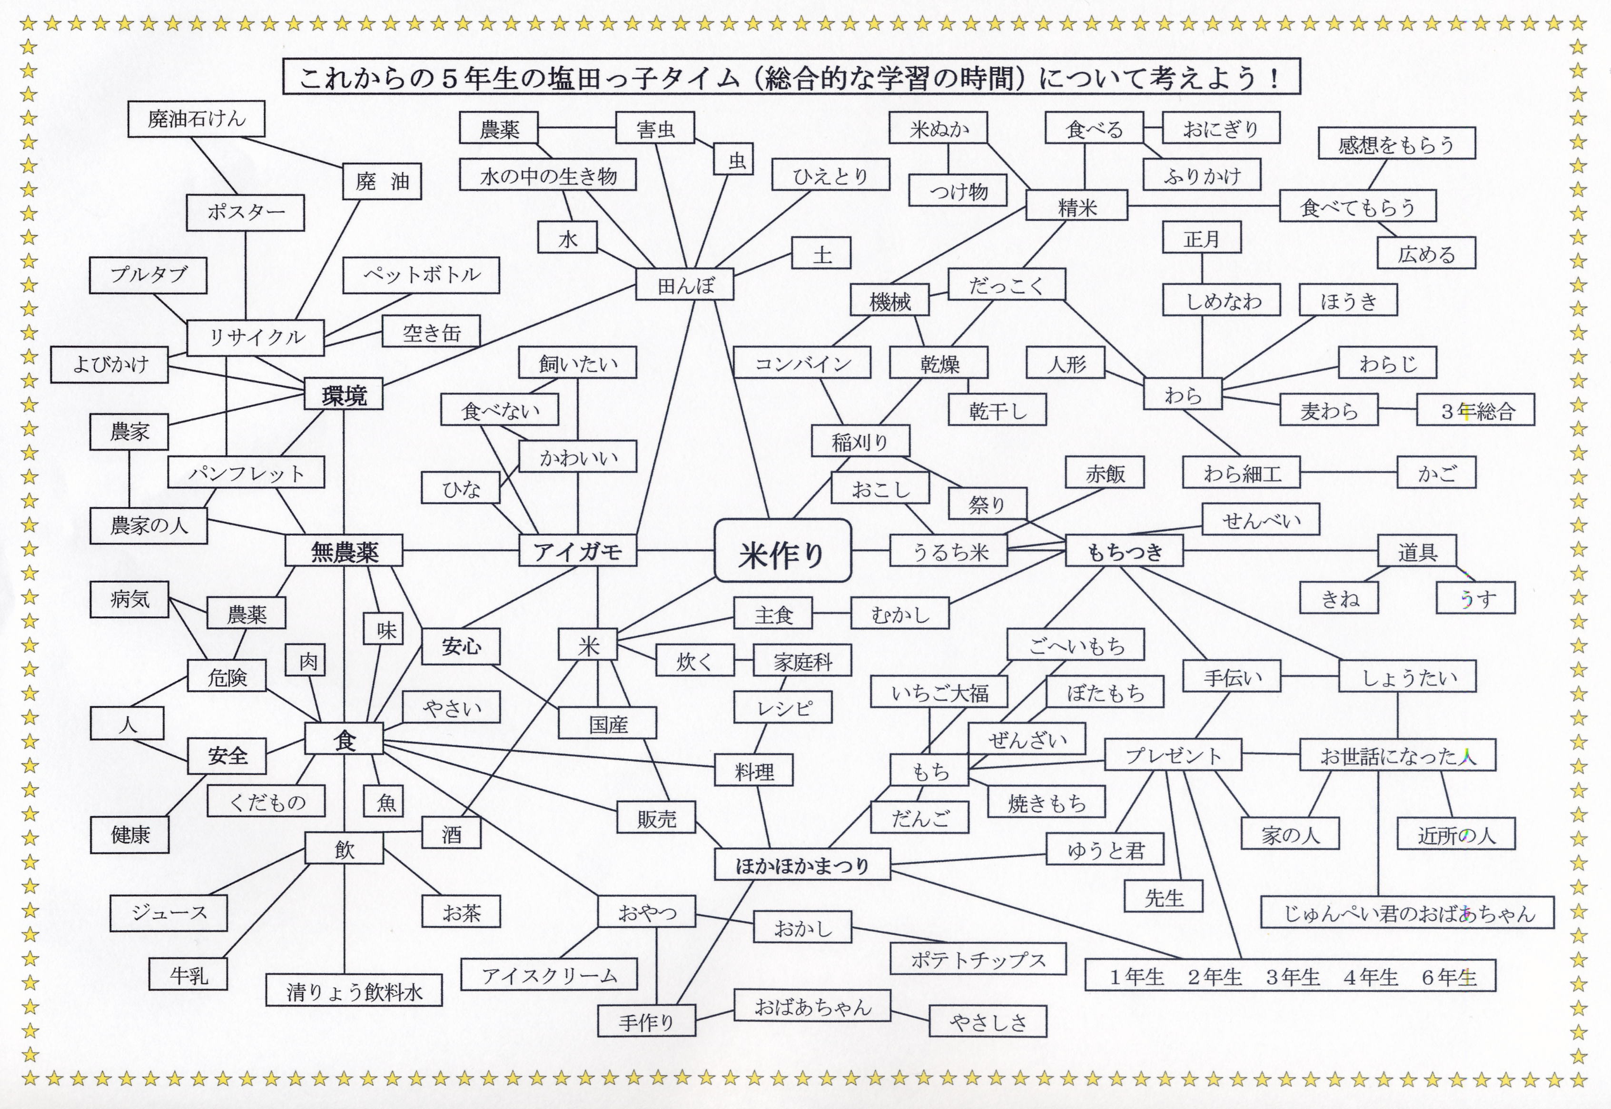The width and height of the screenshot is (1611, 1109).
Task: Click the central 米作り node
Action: point(782,550)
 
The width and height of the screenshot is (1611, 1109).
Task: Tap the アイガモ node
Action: point(577,552)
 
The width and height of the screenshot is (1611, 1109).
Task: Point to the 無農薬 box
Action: point(344,552)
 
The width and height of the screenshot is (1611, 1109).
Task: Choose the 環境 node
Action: point(344,395)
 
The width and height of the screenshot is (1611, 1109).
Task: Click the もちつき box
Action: point(1124,552)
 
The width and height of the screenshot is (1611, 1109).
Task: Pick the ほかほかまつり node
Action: point(802,865)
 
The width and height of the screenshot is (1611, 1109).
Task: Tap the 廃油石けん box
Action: point(196,119)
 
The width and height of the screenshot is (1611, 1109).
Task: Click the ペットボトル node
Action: point(421,275)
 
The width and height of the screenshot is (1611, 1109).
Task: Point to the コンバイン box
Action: point(802,364)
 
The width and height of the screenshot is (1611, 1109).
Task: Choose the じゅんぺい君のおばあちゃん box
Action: point(1407,913)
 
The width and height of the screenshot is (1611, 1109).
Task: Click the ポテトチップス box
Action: point(978,959)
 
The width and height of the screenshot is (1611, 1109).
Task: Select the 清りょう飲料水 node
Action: point(354,991)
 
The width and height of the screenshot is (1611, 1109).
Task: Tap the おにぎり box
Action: point(1221,129)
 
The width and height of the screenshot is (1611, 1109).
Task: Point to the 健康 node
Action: point(130,834)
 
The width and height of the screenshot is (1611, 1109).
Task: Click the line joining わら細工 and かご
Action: point(1348,473)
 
